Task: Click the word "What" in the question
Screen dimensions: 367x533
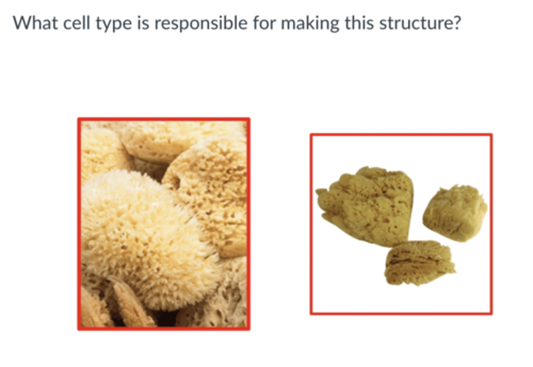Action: tap(35, 23)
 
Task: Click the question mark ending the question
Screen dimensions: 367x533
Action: tap(457, 23)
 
